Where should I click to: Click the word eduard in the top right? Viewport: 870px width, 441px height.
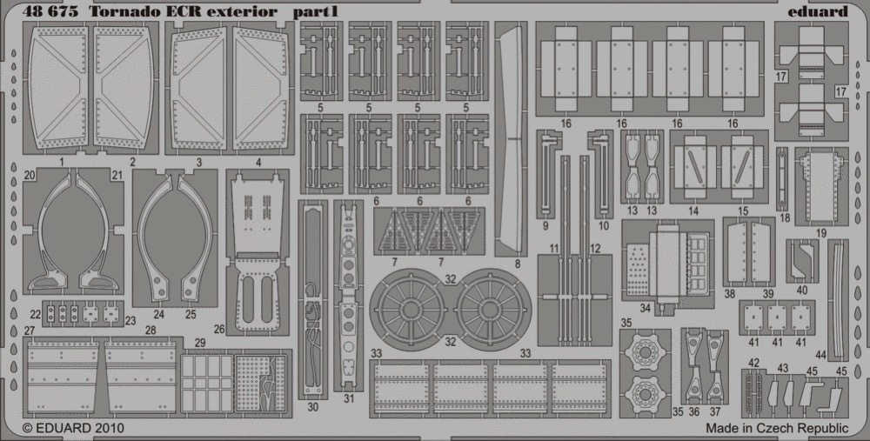point(817,11)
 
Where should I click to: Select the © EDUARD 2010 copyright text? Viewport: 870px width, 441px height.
point(73,428)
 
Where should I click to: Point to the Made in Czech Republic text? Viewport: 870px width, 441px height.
point(777,428)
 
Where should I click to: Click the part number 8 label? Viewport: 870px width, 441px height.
point(517,264)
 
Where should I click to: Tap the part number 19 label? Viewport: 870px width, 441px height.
point(821,233)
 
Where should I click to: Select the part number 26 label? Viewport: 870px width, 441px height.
point(220,329)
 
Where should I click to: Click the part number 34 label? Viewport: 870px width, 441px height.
point(645,308)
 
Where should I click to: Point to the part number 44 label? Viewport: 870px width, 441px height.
point(821,355)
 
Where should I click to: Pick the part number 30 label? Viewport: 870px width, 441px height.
point(312,406)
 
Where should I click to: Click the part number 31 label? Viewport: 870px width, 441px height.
point(349,398)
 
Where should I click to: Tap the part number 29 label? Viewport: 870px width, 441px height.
point(200,343)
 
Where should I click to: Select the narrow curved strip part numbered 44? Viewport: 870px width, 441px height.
point(838,299)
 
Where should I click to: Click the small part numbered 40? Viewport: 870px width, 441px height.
point(802,261)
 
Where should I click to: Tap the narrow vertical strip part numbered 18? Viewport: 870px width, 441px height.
point(782,179)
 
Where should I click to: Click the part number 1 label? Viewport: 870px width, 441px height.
point(62,163)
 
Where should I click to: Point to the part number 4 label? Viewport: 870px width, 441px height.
point(259,163)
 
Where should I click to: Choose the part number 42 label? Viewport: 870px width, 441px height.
point(753,363)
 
